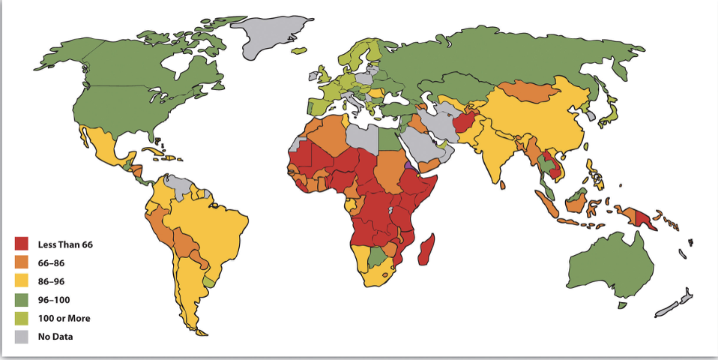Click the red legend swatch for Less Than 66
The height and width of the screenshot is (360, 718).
(22, 244)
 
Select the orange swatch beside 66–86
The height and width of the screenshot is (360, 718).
(22, 262)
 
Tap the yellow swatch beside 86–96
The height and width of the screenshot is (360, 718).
(22, 281)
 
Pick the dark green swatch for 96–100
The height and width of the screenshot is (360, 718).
(22, 299)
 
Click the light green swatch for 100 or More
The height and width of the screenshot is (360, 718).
(22, 318)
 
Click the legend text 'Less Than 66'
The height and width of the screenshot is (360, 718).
(64, 244)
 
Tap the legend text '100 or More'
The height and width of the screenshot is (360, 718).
(64, 318)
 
